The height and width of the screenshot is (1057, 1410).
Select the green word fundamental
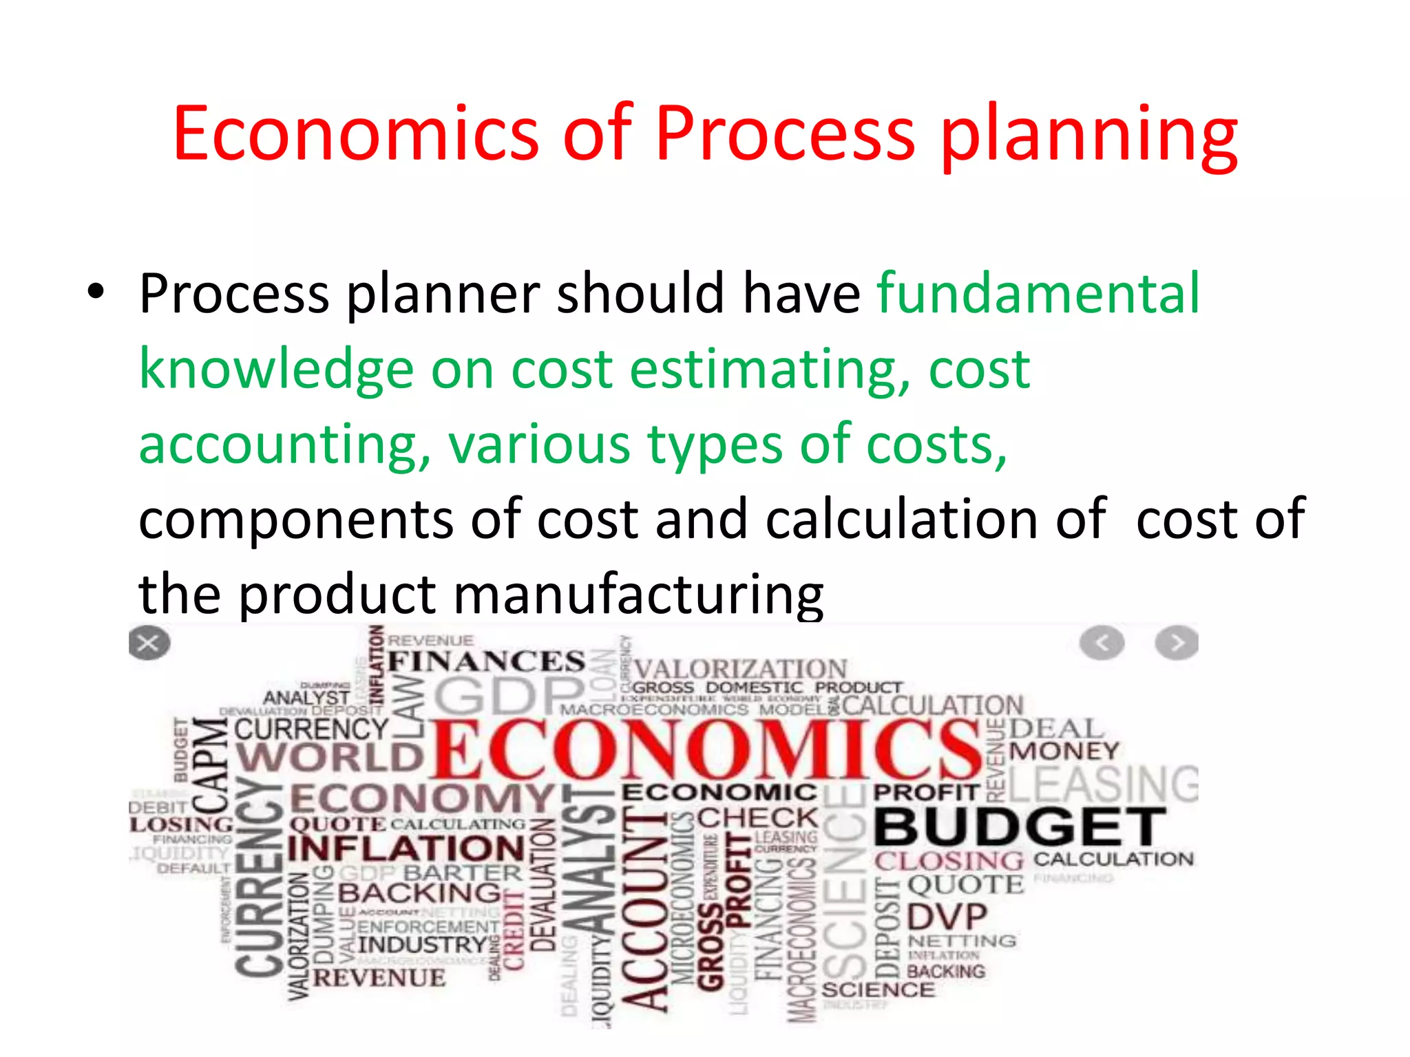point(1038,293)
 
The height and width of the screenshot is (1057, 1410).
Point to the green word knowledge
point(276,370)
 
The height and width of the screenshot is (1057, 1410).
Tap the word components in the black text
point(296,519)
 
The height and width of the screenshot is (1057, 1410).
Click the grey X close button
point(149,643)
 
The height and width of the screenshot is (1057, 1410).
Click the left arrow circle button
point(1102,643)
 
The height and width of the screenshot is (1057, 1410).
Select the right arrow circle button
point(1177,643)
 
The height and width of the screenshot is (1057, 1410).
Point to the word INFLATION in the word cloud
point(406,848)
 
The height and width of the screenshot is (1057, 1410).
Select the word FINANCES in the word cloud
point(486,661)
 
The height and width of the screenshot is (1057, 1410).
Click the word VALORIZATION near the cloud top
point(740,668)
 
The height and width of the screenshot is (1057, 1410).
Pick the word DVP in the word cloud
point(947,917)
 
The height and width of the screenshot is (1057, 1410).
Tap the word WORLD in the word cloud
point(329,758)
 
